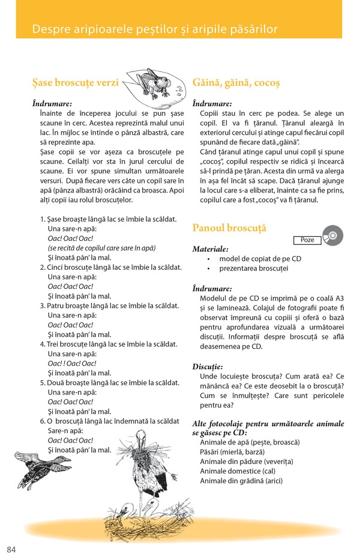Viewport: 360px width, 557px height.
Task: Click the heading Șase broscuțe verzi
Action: click(76, 82)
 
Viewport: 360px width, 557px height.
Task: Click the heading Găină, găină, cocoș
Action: click(236, 82)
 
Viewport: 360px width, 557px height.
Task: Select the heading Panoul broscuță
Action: click(229, 228)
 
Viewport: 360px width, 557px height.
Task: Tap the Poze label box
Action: click(307, 240)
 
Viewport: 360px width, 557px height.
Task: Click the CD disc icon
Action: click(332, 236)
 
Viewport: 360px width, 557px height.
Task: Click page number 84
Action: click(12, 549)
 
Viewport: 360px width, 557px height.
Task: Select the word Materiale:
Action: click(210, 249)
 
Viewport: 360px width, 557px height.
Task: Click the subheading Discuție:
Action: click(208, 366)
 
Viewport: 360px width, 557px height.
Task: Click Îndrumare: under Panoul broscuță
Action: click(212, 288)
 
